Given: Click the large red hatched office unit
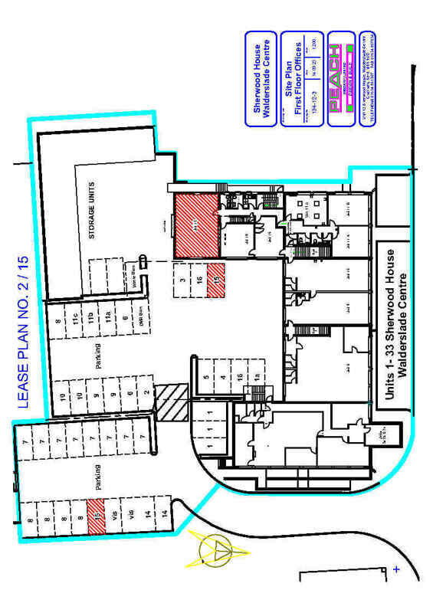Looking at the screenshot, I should click(x=195, y=225).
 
